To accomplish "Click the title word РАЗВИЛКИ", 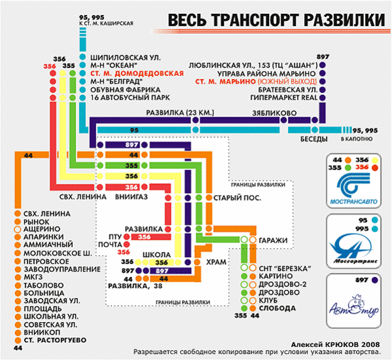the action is click(344, 20).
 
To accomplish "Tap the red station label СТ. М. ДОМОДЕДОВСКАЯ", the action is click(137, 73).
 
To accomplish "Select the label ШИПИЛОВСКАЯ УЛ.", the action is click(126, 58).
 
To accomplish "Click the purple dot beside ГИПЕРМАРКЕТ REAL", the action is click(323, 98).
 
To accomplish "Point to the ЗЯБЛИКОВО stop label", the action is click(274, 113).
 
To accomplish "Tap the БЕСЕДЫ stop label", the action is click(313, 139).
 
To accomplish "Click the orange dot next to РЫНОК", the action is click(18, 221).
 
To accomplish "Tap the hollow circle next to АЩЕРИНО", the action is click(18, 229).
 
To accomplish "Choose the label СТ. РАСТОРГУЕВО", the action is click(55, 340).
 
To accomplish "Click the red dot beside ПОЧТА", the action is click(127, 244).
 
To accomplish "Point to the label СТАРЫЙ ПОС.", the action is click(237, 198).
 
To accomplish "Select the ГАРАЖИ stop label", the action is click(273, 240).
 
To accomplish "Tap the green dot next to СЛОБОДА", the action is click(244, 308).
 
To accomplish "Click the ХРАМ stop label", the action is click(216, 262).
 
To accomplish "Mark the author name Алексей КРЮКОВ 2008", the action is click(335, 344).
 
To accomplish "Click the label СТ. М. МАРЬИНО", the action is click(226, 82).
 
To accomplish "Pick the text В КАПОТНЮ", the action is click(357, 139).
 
